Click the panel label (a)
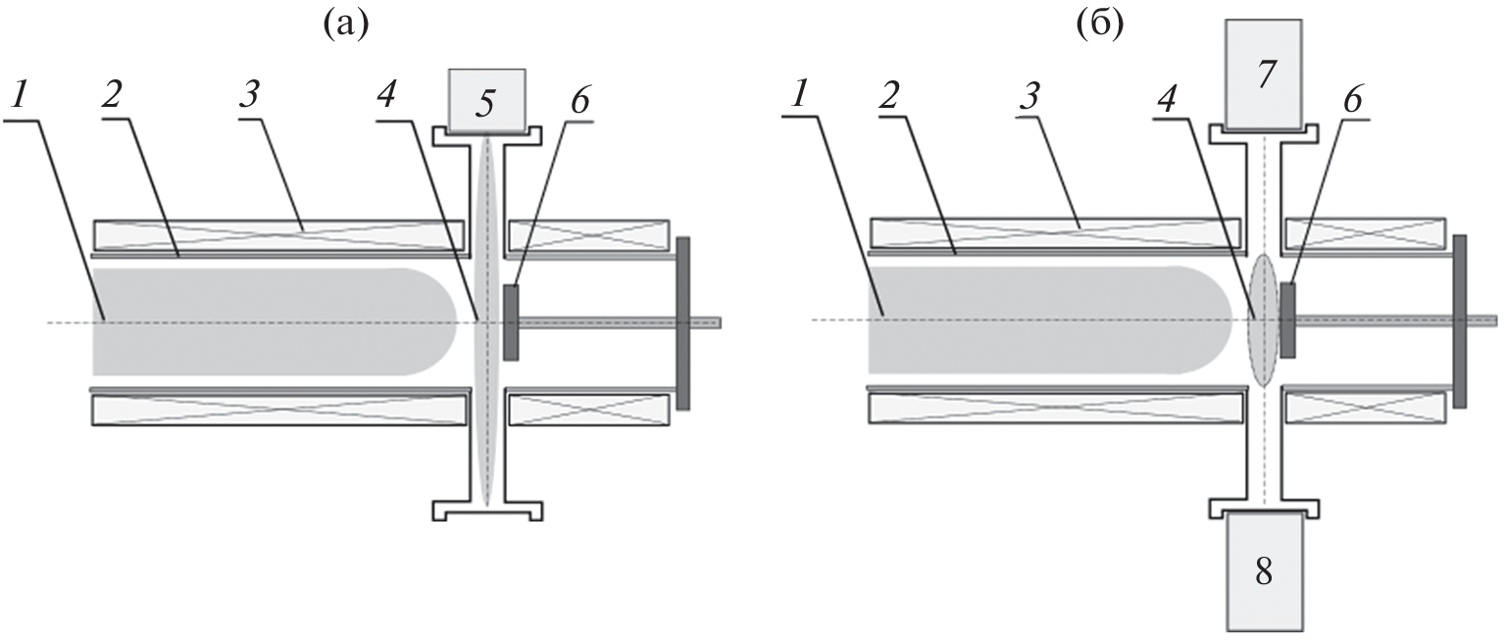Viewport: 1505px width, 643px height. tap(346, 25)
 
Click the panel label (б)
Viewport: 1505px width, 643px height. tap(1100, 25)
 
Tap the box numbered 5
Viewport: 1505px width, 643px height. tap(487, 100)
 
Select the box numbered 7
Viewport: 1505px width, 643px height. tap(1264, 74)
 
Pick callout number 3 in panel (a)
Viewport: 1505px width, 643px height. tap(250, 95)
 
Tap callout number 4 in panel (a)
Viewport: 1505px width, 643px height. tap(386, 96)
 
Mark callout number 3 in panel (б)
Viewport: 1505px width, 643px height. tap(1029, 95)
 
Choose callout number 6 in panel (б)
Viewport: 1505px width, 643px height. tap(1352, 98)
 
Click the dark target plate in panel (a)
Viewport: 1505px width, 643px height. tap(511, 322)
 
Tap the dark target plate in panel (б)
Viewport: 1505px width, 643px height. tap(1288, 320)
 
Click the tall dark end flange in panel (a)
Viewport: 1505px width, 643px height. tap(683, 323)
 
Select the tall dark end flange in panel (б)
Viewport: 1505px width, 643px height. tap(1459, 321)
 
